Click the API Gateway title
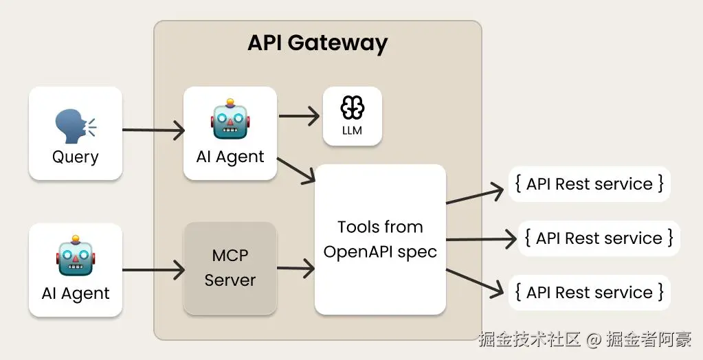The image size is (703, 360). [317, 43]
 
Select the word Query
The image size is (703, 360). [75, 157]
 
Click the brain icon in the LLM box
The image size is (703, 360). [352, 107]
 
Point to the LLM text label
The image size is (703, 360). [352, 130]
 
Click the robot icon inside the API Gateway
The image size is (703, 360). [230, 120]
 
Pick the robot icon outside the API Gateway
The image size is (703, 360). [75, 256]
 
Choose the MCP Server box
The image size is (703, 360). [230, 268]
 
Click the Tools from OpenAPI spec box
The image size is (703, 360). [380, 239]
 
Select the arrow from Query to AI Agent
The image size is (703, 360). [153, 129]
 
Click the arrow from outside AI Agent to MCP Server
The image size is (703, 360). [153, 269]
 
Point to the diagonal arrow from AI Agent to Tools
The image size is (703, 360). [295, 170]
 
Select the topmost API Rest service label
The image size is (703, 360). [589, 184]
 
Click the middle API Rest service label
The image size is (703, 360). [599, 238]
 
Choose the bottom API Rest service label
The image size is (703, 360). [589, 292]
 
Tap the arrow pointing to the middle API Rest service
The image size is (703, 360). [480, 239]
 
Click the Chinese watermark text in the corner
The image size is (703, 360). [585, 339]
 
